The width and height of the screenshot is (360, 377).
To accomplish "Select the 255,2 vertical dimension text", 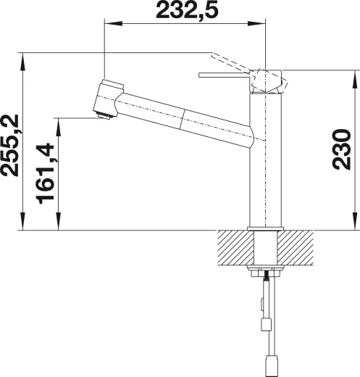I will (12, 145).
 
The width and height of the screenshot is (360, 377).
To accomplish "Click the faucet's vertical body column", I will (264, 167).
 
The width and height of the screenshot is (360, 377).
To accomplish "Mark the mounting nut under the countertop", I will (264, 273).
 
